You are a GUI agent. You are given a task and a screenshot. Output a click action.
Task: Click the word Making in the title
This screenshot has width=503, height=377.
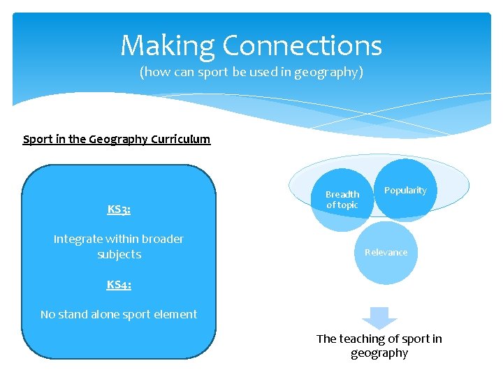pyautogui.click(x=167, y=46)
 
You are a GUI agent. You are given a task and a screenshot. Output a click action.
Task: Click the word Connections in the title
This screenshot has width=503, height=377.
pyautogui.click(x=302, y=46)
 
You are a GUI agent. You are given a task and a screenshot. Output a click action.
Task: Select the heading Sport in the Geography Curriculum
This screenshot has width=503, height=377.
pyautogui.click(x=117, y=139)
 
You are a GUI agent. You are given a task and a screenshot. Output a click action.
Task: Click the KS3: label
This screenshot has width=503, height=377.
pyautogui.click(x=119, y=209)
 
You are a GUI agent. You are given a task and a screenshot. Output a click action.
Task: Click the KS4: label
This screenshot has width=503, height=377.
pyautogui.click(x=119, y=284)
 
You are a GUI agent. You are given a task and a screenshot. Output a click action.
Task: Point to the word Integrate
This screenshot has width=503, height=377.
pyautogui.click(x=79, y=239)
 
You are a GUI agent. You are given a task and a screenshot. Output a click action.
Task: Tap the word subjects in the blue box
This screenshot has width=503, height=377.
pyautogui.click(x=119, y=254)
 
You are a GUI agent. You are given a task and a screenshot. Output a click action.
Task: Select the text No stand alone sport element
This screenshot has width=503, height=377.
pyautogui.click(x=119, y=314)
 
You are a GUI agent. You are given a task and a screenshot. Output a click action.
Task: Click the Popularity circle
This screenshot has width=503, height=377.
pyautogui.click(x=405, y=191)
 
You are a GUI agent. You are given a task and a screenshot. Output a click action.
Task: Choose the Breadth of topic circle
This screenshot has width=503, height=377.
pyautogui.click(x=342, y=200)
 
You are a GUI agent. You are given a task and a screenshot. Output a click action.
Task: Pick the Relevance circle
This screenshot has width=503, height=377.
pyautogui.click(x=386, y=252)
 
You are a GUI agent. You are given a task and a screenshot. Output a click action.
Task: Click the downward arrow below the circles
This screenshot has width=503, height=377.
pyautogui.click(x=379, y=317)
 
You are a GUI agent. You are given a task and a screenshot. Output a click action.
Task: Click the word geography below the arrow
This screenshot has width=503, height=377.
pyautogui.click(x=379, y=353)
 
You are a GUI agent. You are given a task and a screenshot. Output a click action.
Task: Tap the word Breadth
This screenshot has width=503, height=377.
pyautogui.click(x=342, y=194)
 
